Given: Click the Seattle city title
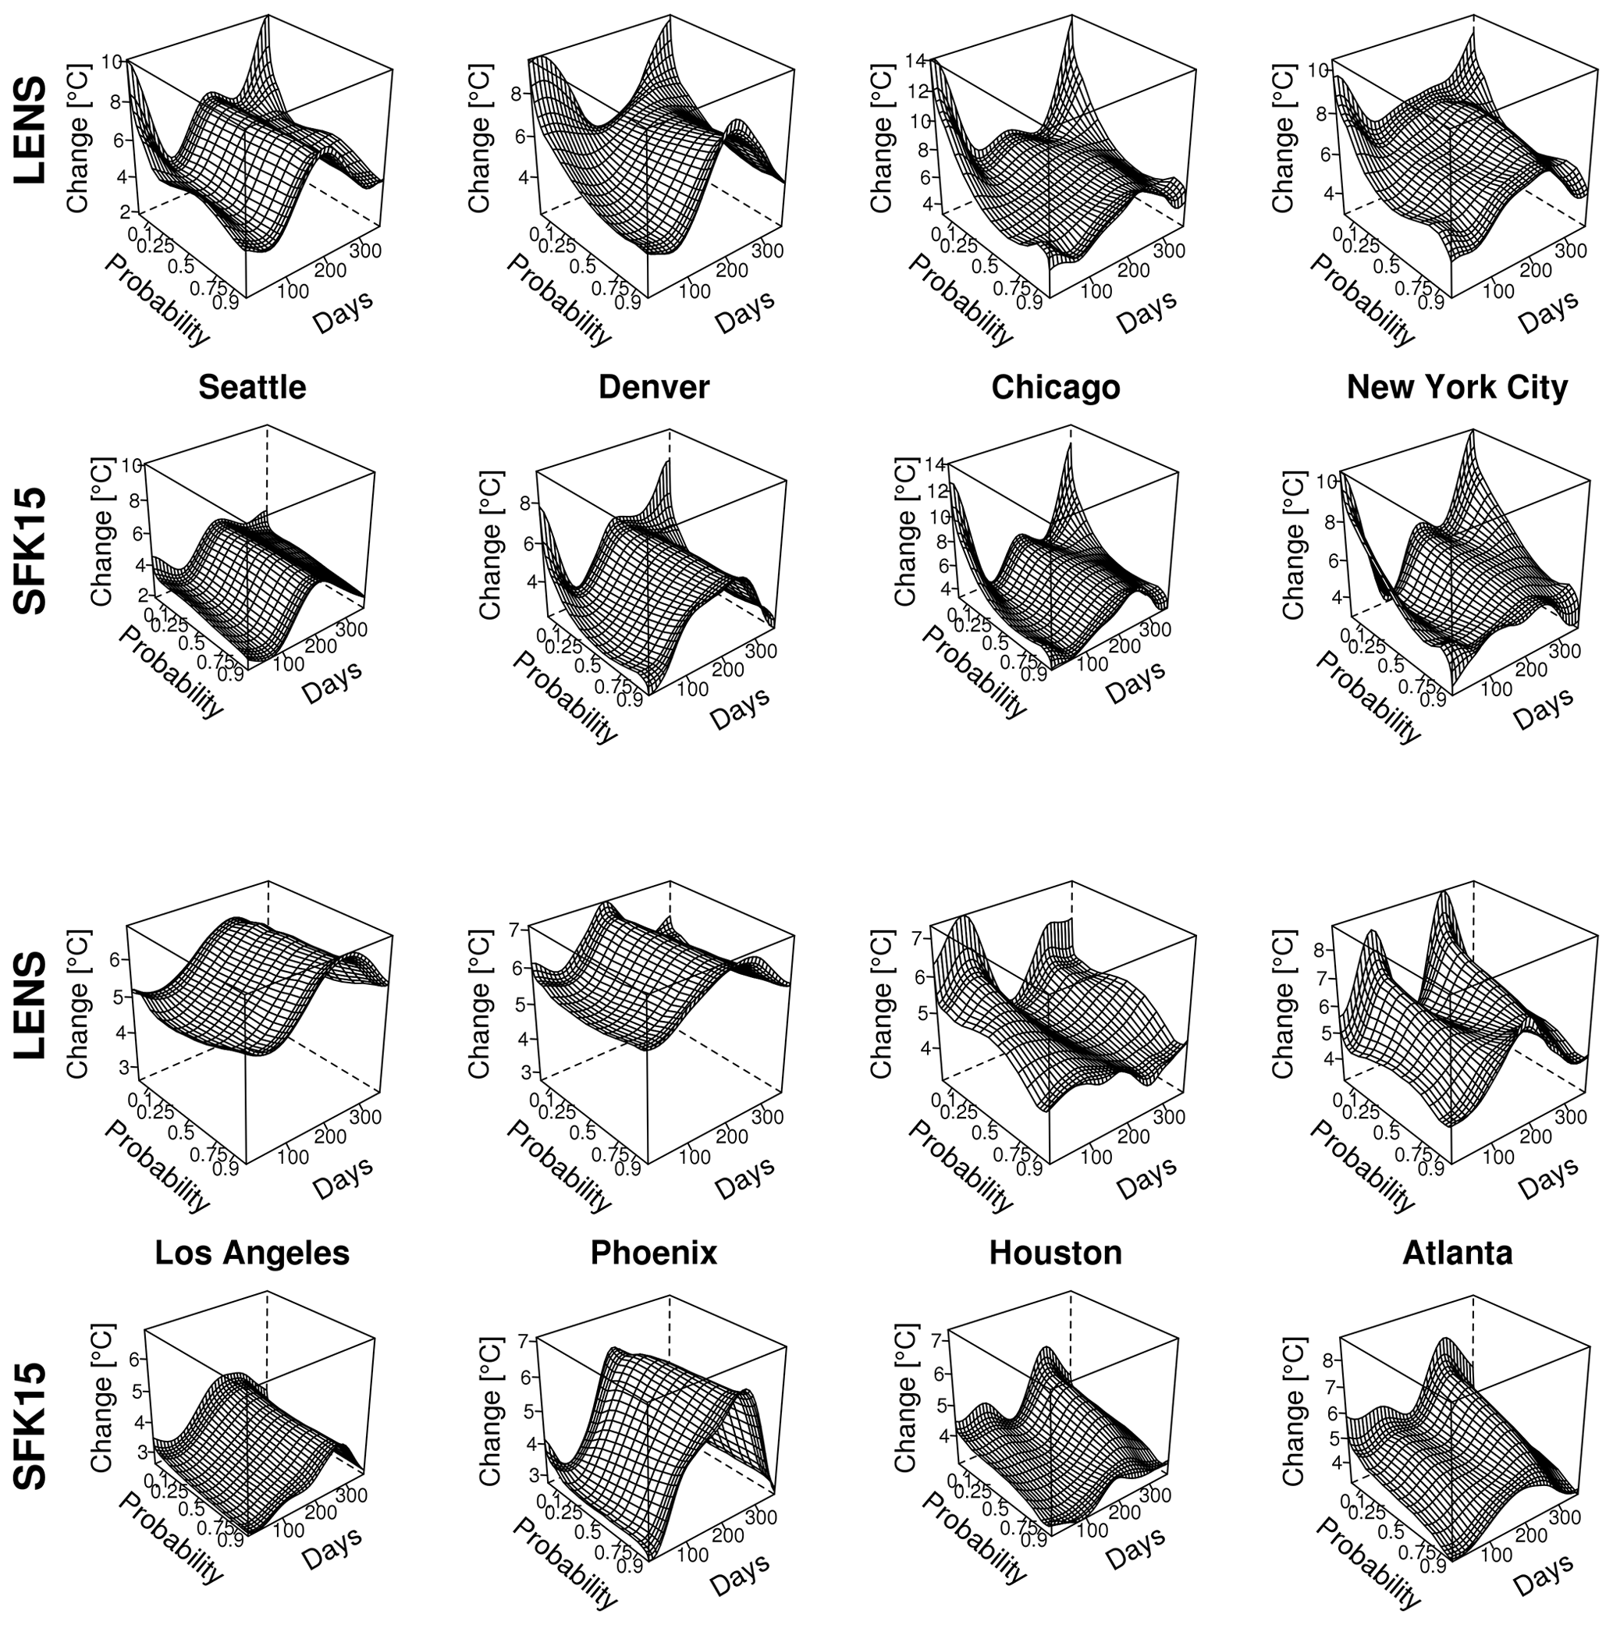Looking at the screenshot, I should point(252,388).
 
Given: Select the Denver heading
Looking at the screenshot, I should point(653,388).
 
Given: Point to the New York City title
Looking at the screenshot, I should point(1457,388).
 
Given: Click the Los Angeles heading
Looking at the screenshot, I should point(252,1253).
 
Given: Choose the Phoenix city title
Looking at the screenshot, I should point(653,1253).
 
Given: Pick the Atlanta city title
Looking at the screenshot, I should point(1457,1253).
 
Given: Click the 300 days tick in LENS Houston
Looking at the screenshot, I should point(1170,1116).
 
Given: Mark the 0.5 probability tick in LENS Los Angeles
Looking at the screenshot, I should point(181,1133).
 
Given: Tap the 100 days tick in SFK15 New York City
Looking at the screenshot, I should point(1496,688).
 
